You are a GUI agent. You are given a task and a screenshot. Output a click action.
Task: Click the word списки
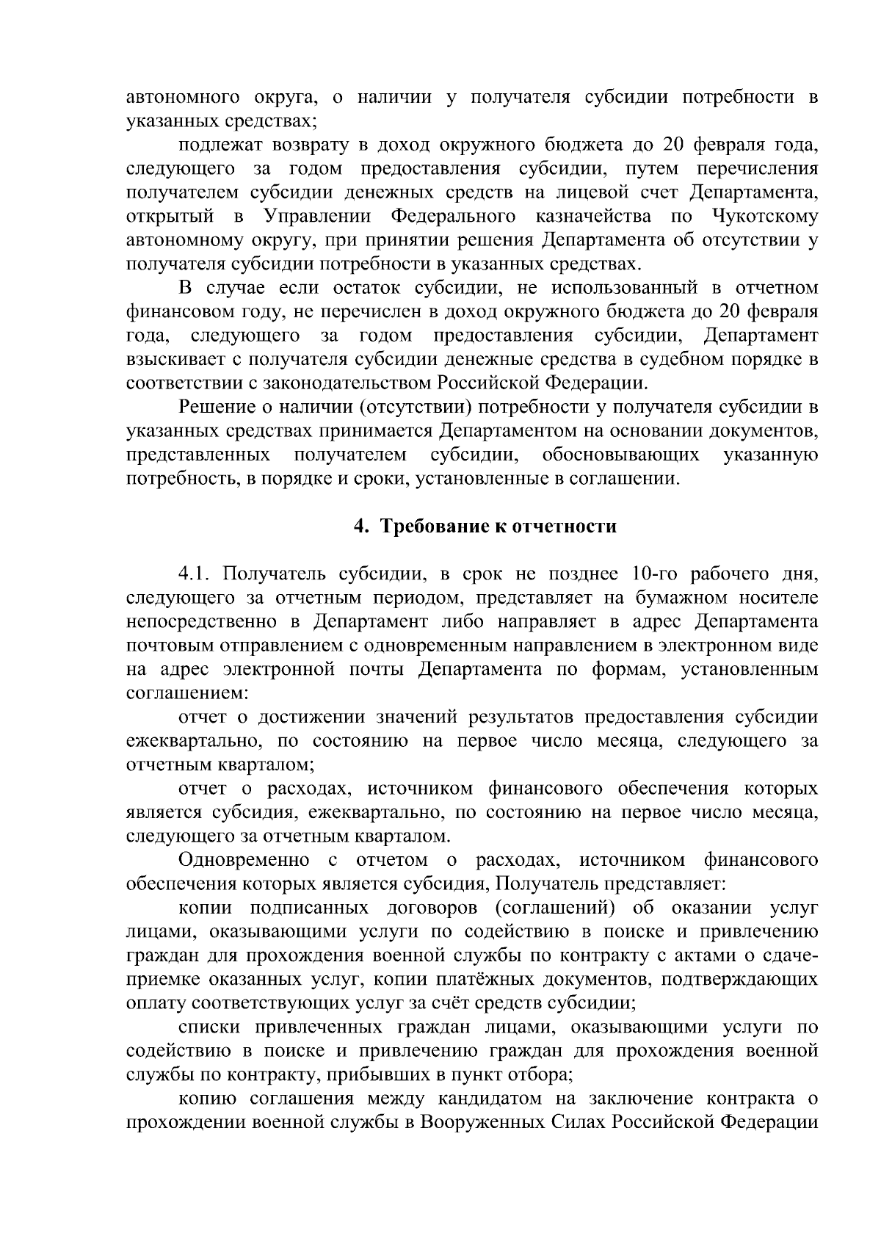click(209, 1027)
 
